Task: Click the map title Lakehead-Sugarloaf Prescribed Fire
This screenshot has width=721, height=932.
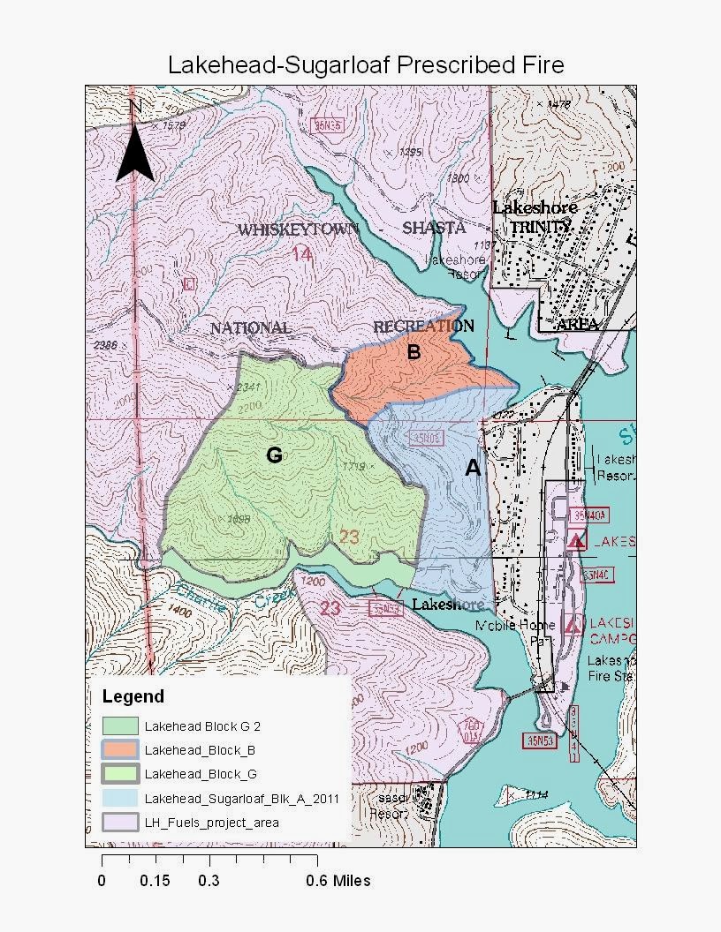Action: (366, 65)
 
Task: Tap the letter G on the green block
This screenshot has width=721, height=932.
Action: (274, 455)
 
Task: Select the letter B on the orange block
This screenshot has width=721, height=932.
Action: (413, 352)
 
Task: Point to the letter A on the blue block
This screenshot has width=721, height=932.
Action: (473, 469)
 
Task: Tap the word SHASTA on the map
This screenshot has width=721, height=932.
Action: (433, 228)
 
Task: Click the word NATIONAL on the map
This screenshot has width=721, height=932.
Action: (250, 328)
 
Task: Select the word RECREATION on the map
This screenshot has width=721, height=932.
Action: (423, 326)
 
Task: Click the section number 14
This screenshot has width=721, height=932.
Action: (302, 255)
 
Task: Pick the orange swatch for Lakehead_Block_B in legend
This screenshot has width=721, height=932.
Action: (120, 750)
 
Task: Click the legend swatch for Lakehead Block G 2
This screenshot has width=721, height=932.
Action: (120, 726)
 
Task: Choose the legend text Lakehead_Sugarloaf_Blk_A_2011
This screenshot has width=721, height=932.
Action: (241, 798)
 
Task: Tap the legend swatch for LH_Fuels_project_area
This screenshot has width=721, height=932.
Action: (120, 822)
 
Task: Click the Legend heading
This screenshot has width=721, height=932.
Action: (133, 696)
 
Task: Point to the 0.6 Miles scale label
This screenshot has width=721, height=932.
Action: (338, 881)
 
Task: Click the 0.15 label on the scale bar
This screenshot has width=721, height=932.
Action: (155, 881)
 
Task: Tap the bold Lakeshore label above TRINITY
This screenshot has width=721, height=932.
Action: (535, 207)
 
